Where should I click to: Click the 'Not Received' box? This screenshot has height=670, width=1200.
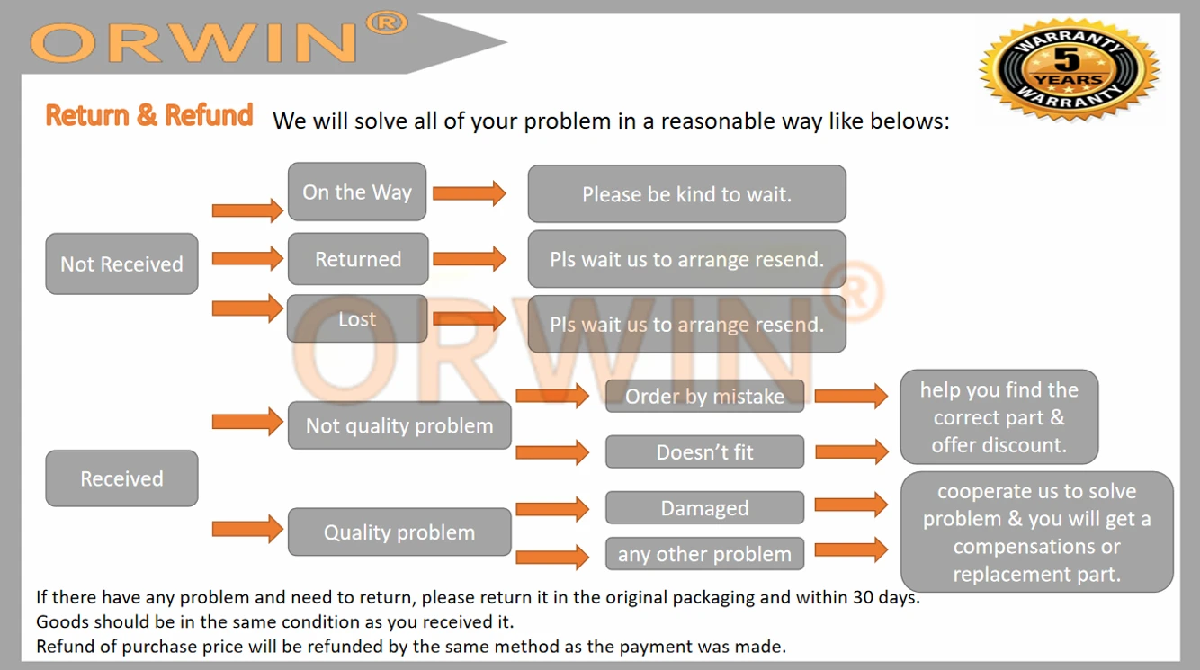coord(121,264)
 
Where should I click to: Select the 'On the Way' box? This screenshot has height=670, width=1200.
coord(357,192)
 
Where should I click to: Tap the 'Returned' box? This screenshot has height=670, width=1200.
coord(358,259)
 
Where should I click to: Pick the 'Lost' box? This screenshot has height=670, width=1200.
coord(357,318)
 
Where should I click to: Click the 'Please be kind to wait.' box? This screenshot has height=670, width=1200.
coord(686,194)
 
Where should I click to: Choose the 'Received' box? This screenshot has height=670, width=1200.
coord(121,478)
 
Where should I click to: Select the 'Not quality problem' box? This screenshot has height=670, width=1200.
coord(399,425)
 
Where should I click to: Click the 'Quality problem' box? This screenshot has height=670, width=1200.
coord(399,532)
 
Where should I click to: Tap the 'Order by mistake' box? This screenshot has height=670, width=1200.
coord(704,396)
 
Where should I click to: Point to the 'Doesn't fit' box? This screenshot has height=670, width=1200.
coord(704,451)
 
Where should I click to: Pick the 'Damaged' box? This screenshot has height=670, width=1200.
coord(704,507)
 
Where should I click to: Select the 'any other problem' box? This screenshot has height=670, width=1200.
coord(704,553)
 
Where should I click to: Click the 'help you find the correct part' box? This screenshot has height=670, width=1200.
coord(999,416)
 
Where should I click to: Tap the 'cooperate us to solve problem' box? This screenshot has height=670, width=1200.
coord(1036,532)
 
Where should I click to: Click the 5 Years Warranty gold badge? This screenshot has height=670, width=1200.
coord(1070,68)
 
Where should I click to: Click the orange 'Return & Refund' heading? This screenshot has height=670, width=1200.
coord(149,114)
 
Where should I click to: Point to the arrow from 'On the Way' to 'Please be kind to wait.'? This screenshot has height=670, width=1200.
coord(470,193)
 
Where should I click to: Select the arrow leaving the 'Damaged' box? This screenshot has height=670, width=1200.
coord(851,504)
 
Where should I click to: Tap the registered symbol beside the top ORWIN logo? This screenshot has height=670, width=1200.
coord(386,23)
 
